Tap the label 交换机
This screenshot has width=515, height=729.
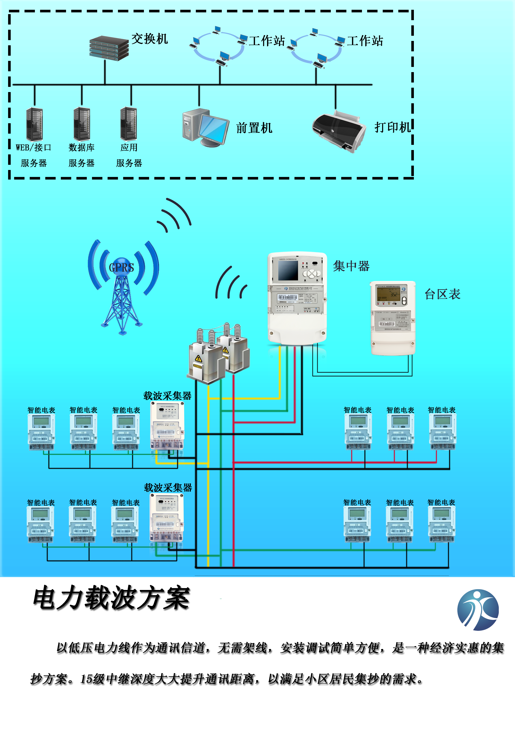point(150,39)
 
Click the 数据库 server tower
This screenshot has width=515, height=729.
point(82,124)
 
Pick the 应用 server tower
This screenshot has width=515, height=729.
point(129,124)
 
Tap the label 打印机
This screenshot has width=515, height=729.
point(392,127)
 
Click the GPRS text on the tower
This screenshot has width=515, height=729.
point(121,268)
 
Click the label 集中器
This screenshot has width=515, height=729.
point(351,266)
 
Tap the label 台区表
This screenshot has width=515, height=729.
point(442,294)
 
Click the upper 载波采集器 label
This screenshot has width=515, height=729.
point(167,396)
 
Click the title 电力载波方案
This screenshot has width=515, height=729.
point(111,598)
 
